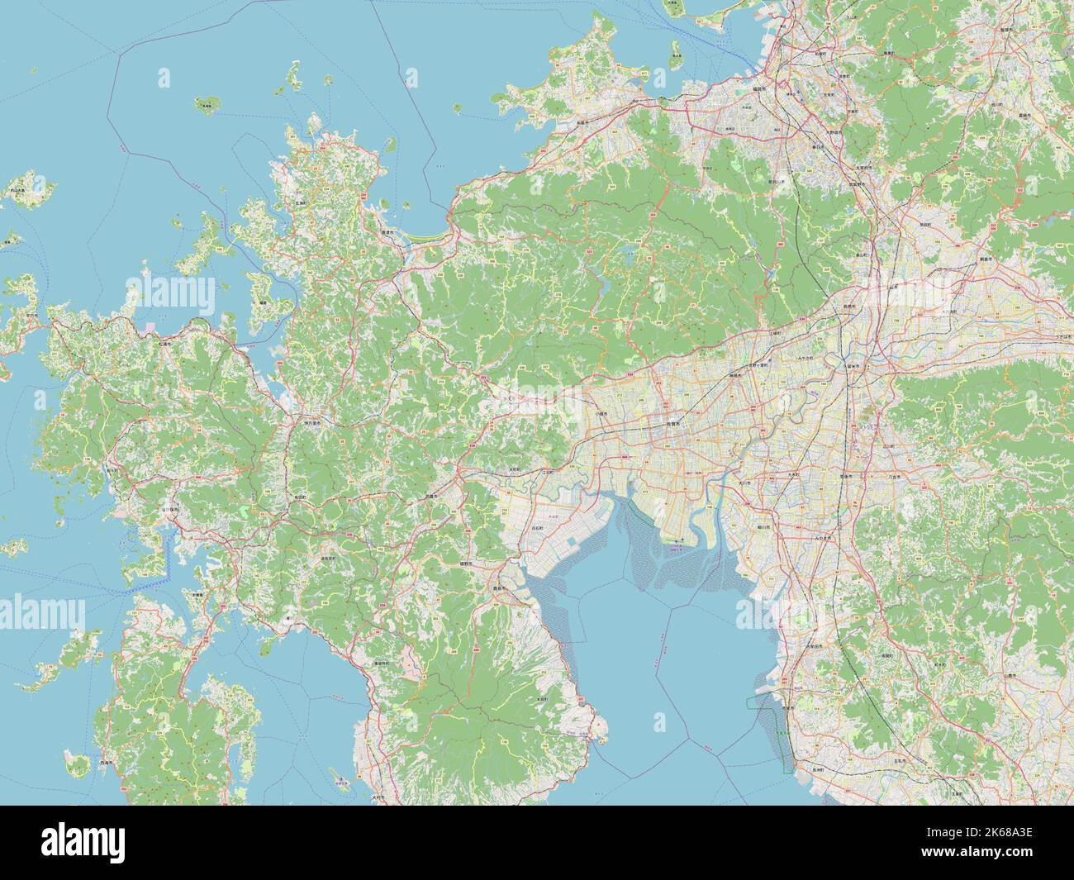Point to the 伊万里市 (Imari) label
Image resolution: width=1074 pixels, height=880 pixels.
(311, 421)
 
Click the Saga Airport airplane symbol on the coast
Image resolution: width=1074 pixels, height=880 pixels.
(679, 537)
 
